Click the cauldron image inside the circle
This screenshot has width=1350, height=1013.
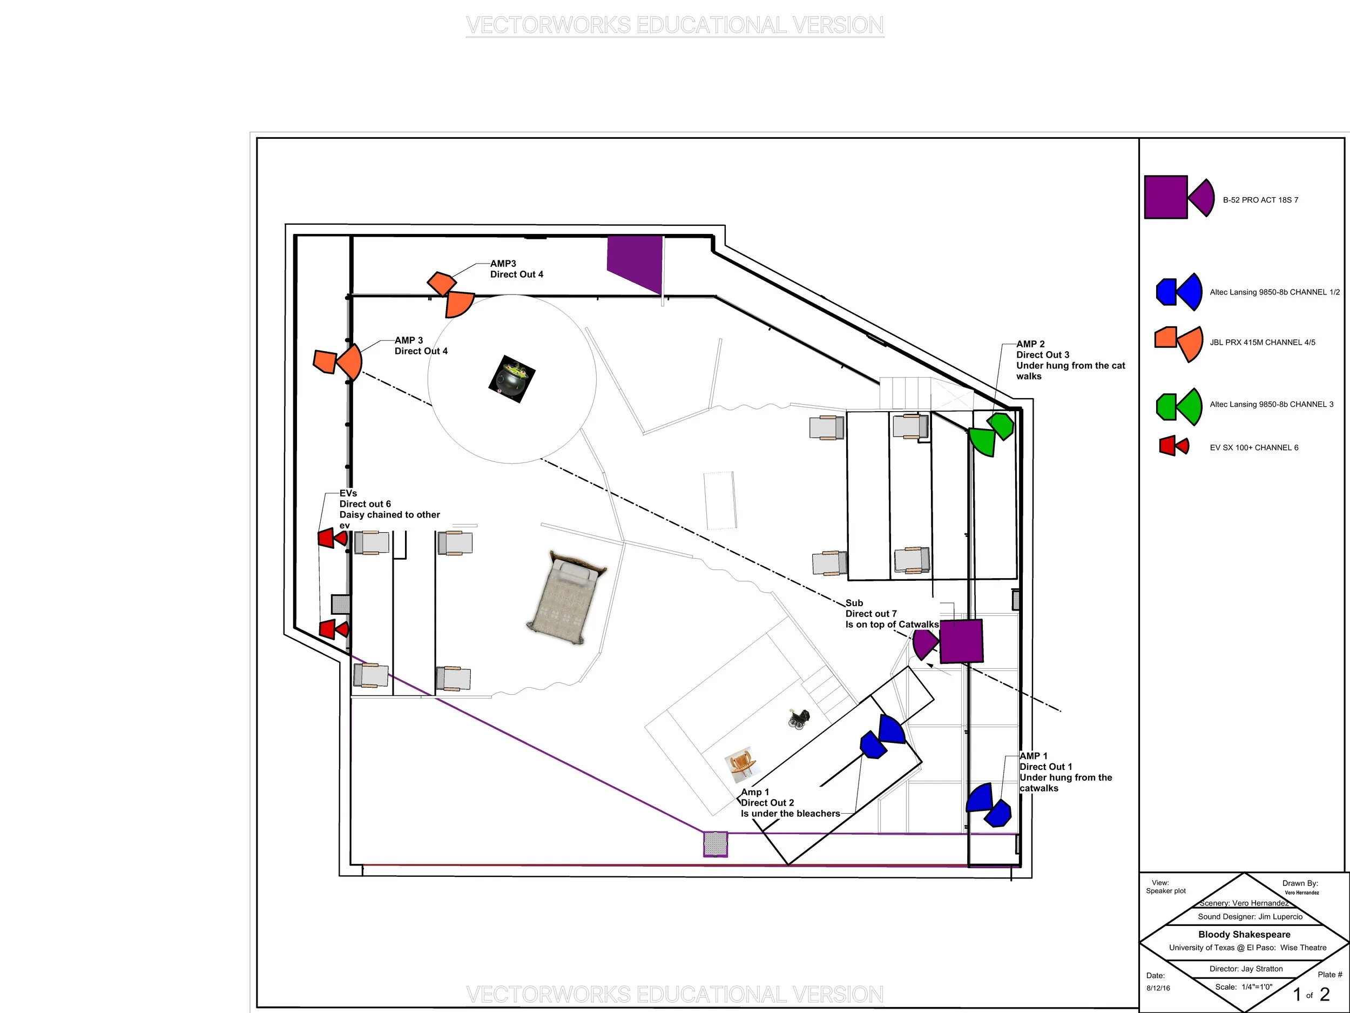pyautogui.click(x=511, y=379)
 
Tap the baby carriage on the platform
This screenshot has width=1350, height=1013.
pyautogui.click(x=799, y=719)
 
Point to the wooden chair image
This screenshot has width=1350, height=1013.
pyautogui.click(x=741, y=764)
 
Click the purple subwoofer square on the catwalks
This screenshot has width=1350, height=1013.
pyautogui.click(x=961, y=641)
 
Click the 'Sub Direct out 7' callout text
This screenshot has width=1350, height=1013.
pyautogui.click(x=891, y=614)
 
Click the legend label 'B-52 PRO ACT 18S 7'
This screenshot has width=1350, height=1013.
pyautogui.click(x=1260, y=200)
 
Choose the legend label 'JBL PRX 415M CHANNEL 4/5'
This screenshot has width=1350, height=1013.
pyautogui.click(x=1262, y=343)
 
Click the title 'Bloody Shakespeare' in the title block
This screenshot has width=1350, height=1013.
pyautogui.click(x=1244, y=934)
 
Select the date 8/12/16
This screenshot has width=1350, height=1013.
pyautogui.click(x=1158, y=988)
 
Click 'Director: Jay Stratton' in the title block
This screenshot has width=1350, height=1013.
pyautogui.click(x=1246, y=968)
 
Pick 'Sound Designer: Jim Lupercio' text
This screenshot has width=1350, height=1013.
pyautogui.click(x=1250, y=916)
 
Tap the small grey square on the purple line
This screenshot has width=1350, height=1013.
pyautogui.click(x=715, y=844)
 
